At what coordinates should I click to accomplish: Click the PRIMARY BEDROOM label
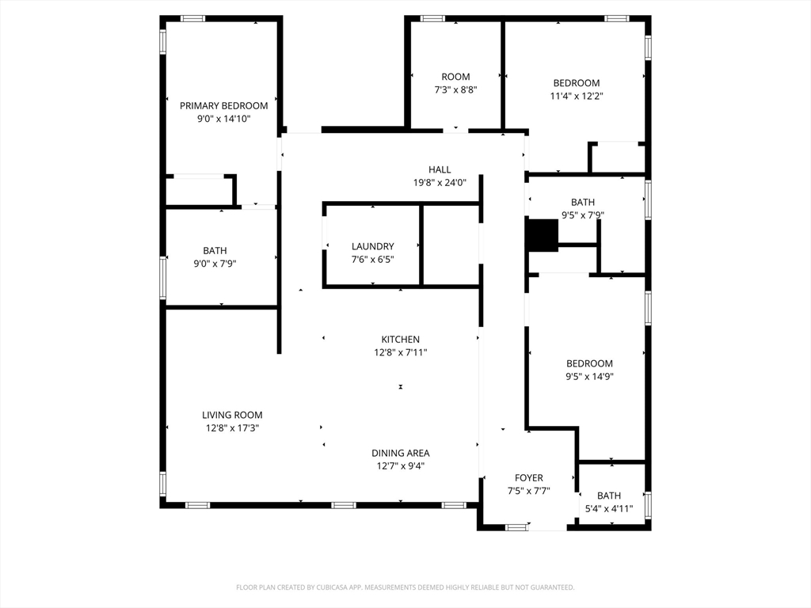[224, 106]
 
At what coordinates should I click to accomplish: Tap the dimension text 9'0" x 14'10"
[224, 119]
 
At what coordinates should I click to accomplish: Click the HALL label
[440, 169]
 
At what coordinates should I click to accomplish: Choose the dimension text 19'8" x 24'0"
[440, 183]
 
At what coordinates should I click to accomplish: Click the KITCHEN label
[400, 340]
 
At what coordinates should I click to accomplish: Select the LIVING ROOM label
[232, 415]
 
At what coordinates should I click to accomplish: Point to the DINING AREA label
[400, 454]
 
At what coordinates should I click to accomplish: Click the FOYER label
[528, 478]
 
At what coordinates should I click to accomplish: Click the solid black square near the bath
[542, 235]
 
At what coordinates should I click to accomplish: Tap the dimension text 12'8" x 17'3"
[232, 428]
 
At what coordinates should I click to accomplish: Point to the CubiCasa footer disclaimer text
[405, 587]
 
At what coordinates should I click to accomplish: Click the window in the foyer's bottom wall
[516, 527]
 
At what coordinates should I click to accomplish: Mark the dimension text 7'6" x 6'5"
[373, 260]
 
